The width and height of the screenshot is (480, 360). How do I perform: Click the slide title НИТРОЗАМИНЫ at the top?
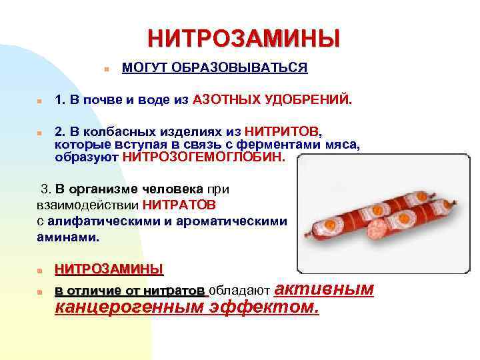243,38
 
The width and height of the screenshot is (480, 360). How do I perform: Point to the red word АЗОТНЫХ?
226,100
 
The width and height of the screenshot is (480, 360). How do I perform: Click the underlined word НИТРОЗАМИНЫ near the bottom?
109,269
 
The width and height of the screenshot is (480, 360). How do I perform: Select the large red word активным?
324,289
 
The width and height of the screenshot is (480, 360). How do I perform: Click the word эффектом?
264,308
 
